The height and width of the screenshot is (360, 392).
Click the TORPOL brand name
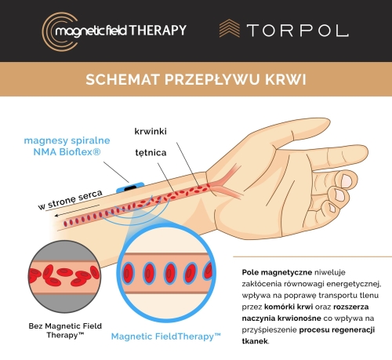coord(298,31)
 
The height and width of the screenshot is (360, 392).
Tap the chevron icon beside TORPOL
coord(230,28)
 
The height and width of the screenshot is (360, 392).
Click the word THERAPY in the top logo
coord(158,31)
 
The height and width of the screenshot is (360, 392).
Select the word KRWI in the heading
coord(285,79)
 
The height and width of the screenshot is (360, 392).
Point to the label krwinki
coord(151,131)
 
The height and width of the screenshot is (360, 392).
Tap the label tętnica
coord(151,153)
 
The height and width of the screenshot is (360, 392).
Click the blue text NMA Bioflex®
coord(67,152)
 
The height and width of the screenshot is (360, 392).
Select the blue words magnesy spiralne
coord(67,140)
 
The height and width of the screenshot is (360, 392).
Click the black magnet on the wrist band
coord(130,187)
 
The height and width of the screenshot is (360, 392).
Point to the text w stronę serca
coord(70,200)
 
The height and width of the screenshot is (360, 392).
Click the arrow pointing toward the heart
coord(77,210)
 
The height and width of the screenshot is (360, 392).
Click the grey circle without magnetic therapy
coord(64,277)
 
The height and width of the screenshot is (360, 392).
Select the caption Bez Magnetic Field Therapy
coord(65,330)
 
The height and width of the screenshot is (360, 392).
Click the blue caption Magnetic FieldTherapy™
coord(166,336)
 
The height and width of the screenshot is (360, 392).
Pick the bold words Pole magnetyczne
coord(277,272)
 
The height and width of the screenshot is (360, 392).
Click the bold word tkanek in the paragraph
coord(255,341)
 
